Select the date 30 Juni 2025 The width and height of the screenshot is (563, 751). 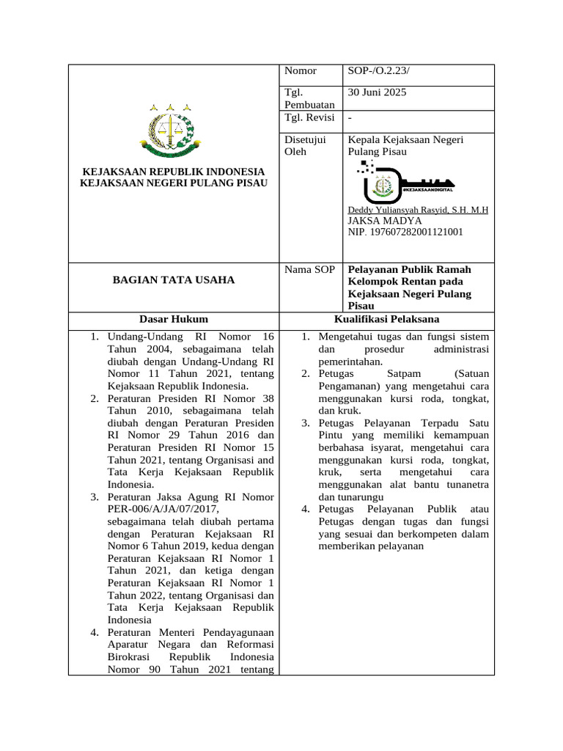pos(377,92)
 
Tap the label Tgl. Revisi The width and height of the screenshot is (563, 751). pos(309,118)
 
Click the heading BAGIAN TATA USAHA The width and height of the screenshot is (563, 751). pos(173,279)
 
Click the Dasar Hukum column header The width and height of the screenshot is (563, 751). pos(174,319)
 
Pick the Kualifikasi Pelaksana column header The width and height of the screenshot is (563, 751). pos(386,319)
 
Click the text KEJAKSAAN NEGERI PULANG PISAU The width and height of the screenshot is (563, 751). pos(174,182)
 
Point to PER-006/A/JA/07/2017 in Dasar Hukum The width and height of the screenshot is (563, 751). pos(163,508)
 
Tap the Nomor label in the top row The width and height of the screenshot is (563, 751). pos(300,71)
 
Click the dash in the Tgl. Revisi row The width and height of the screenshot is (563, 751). pos(350,118)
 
